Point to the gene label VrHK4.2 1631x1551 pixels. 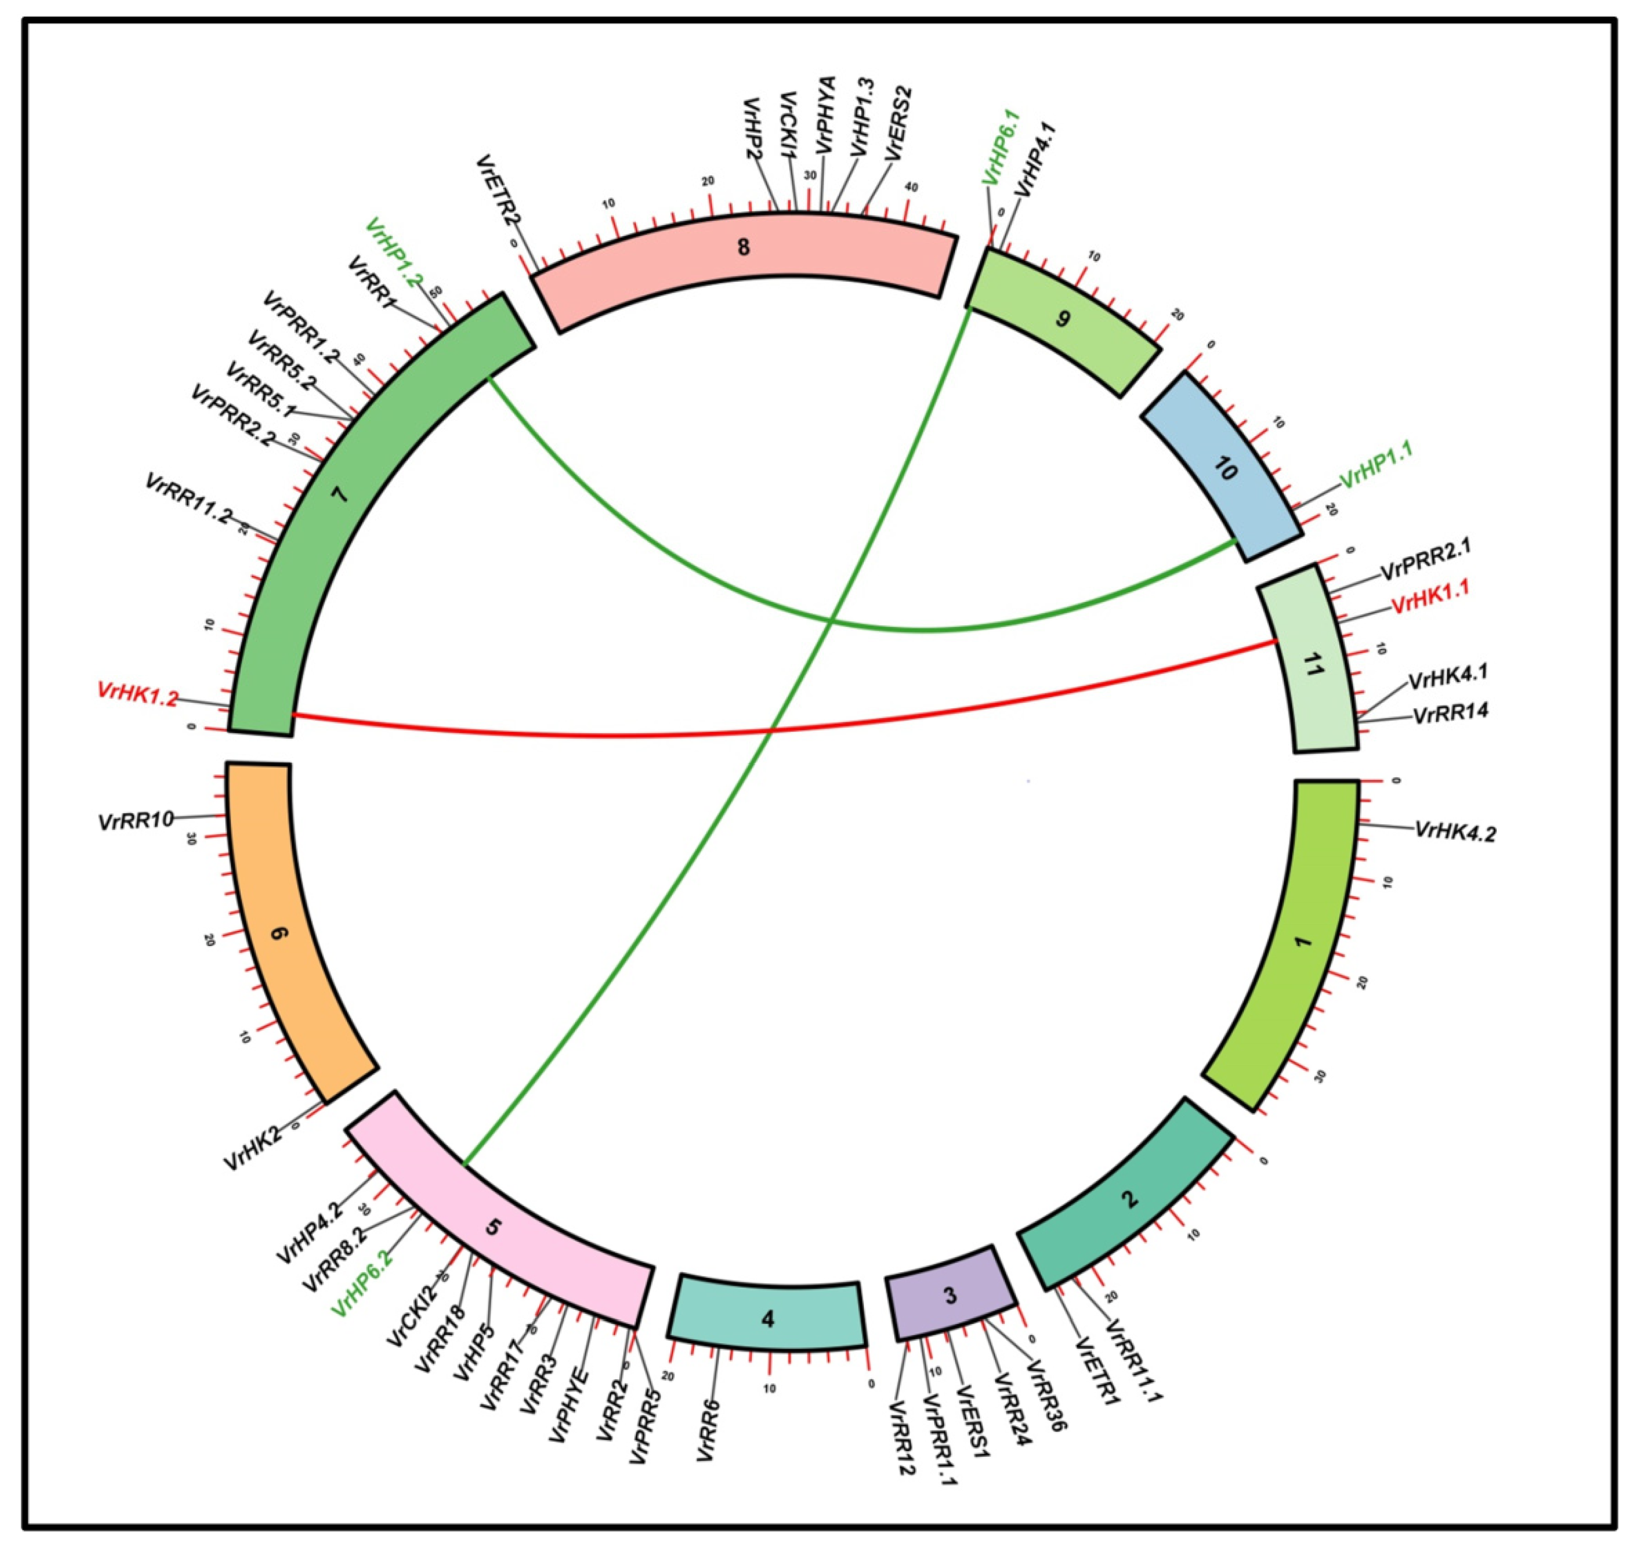pyautogui.click(x=1455, y=831)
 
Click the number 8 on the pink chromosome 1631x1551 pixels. pyautogui.click(x=743, y=246)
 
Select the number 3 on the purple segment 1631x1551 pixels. pyautogui.click(x=950, y=1295)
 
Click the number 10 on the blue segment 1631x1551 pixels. pyautogui.click(x=1225, y=470)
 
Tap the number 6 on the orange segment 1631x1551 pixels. pyautogui.click(x=279, y=934)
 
